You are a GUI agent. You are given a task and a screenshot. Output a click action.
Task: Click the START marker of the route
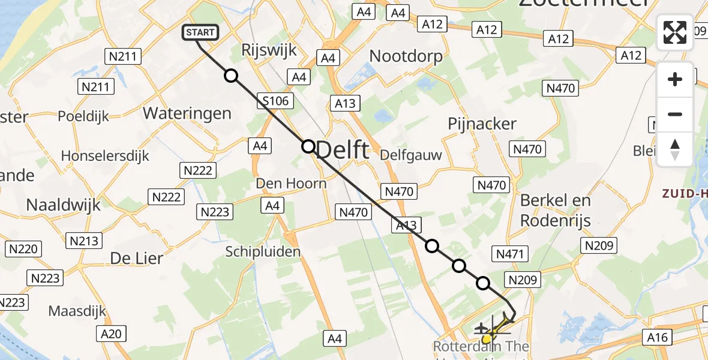pyautogui.click(x=198, y=33)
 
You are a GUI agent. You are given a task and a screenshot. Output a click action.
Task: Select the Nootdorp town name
pyautogui.click(x=406, y=56)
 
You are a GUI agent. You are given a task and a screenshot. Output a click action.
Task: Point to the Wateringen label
pyautogui.click(x=187, y=113)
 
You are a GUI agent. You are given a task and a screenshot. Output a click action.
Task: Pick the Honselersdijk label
pyautogui.click(x=105, y=156)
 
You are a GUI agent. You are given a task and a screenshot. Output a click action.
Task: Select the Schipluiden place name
pyautogui.click(x=263, y=251)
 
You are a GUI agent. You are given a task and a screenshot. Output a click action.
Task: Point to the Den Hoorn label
pyautogui.click(x=291, y=183)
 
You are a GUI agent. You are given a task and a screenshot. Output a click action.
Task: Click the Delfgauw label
pyautogui.click(x=412, y=155)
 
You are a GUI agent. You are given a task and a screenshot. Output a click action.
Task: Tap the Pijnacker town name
pyautogui.click(x=482, y=124)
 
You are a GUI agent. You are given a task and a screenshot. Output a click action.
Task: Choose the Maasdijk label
pyautogui.click(x=77, y=311)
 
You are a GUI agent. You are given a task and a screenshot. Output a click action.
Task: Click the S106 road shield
pyautogui.click(x=276, y=101)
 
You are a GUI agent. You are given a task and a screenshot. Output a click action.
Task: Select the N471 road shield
pyautogui.click(x=509, y=254)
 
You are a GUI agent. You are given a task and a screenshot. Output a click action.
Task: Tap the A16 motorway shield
pyautogui.click(x=657, y=338)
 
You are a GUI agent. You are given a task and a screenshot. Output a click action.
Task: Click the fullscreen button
pyautogui.click(x=675, y=32)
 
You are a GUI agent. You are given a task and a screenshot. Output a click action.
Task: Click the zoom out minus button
pyautogui.click(x=675, y=114)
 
